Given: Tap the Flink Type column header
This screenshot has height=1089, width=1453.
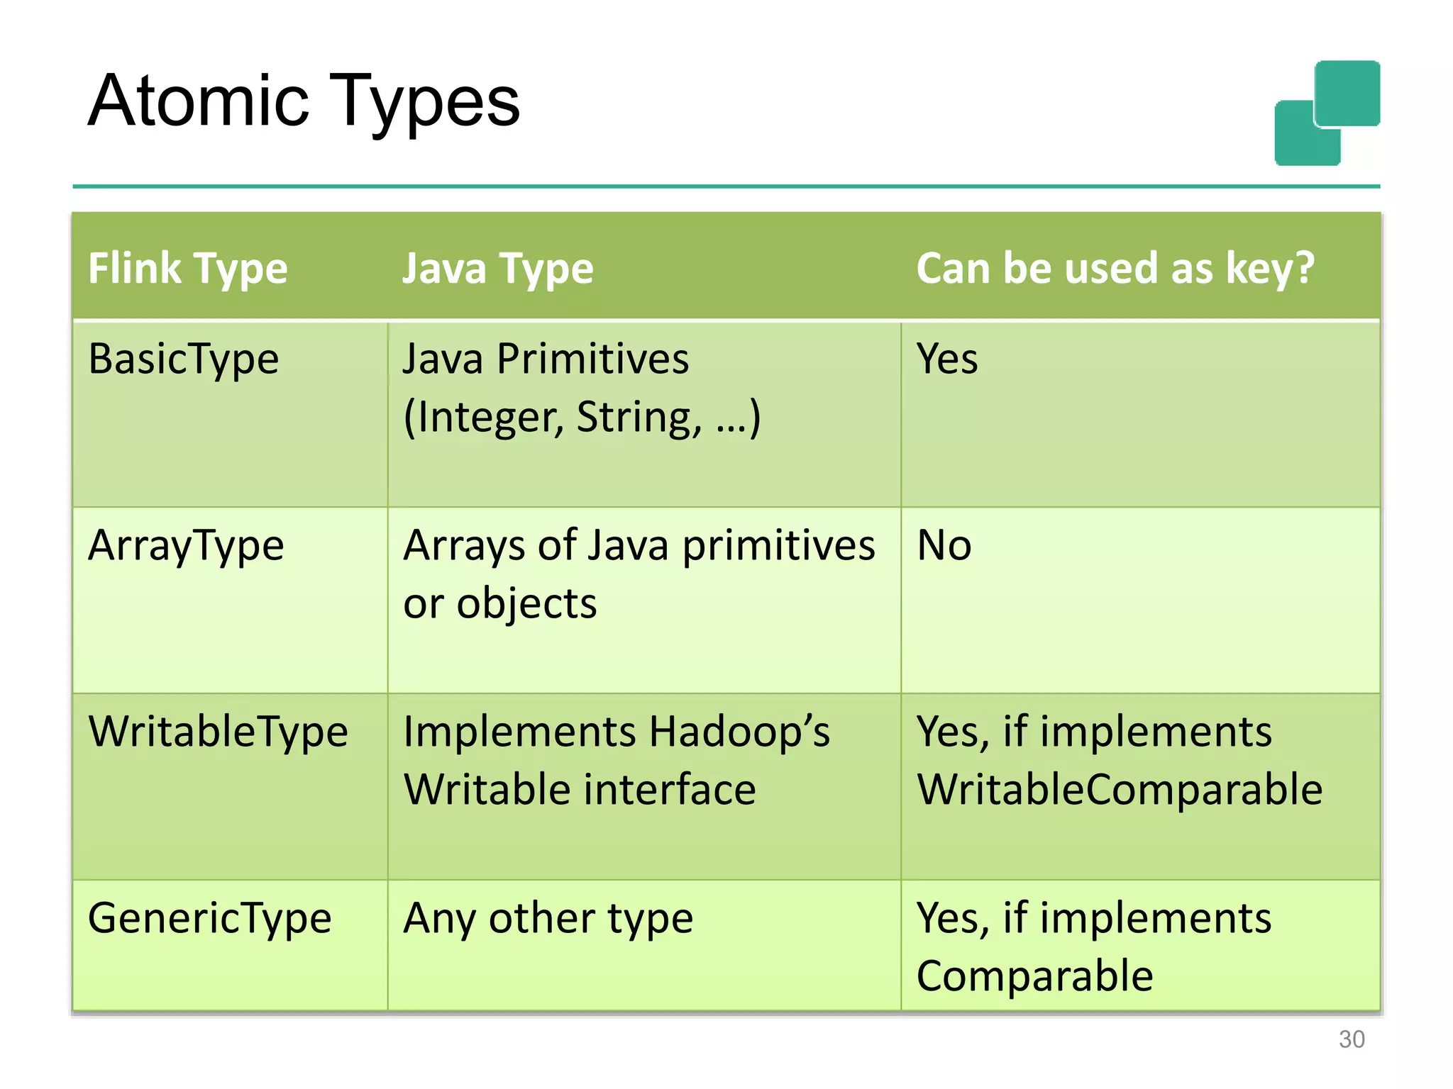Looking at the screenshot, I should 187,269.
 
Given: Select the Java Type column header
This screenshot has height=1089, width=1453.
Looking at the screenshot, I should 497,269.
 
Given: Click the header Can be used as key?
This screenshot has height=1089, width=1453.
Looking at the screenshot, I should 1115,269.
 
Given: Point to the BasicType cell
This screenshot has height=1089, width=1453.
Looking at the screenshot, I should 183,359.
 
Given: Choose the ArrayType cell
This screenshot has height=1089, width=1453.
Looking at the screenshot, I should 186,545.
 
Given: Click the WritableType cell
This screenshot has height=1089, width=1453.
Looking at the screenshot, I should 218,732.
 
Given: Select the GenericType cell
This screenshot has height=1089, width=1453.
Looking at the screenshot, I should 209,918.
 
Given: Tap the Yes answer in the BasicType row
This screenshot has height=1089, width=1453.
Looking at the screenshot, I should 946,359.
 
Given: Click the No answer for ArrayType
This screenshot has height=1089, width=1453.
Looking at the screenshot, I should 944,545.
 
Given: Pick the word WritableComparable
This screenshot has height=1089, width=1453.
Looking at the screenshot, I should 1120,789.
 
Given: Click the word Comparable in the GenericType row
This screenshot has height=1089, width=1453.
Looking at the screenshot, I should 1034,976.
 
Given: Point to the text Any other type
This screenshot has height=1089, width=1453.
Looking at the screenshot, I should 548,918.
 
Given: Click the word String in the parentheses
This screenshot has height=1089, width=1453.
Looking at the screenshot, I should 639,417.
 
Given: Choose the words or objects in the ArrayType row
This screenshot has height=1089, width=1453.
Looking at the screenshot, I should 499,603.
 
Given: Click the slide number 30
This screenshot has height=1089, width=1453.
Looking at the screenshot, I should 1352,1039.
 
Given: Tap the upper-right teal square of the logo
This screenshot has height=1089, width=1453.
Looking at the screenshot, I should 1347,92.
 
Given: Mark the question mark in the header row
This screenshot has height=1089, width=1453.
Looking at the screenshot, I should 1304,269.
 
